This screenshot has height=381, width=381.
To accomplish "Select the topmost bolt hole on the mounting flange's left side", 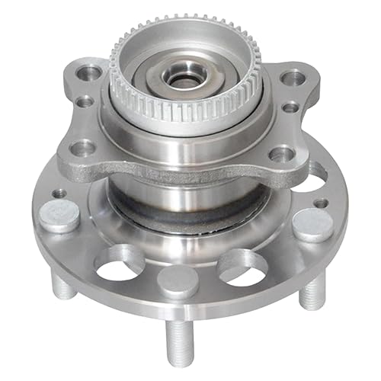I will [x=91, y=73].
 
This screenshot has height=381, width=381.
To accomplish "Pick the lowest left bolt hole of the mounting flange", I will [x=85, y=147].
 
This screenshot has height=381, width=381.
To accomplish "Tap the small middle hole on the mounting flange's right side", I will [x=290, y=107].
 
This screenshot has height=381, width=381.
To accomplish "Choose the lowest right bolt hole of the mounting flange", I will [x=280, y=155].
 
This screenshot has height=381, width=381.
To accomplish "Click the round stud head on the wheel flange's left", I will [x=60, y=216].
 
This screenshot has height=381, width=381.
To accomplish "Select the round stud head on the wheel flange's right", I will [x=314, y=225].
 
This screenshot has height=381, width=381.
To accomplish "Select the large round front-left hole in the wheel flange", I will [x=119, y=261].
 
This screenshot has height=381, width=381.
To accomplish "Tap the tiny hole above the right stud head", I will [x=322, y=203].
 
